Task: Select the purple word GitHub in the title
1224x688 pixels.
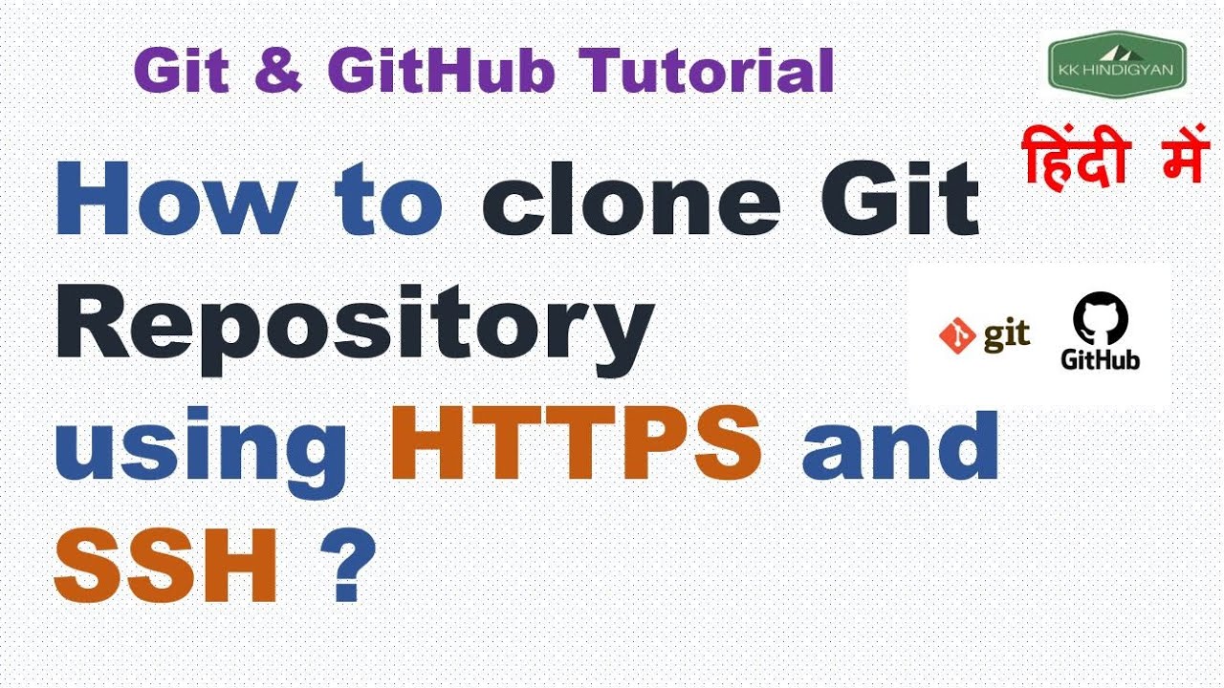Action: click(x=441, y=71)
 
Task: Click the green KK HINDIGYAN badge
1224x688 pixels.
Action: click(x=1118, y=64)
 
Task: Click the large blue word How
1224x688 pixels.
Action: click(x=177, y=198)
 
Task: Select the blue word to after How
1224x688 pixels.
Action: click(x=388, y=198)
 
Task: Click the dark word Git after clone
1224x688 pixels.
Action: click(x=900, y=197)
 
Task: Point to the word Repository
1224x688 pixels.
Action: click(x=355, y=330)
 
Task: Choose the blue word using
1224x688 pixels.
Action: click(x=201, y=453)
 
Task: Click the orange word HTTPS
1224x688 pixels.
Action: click(x=576, y=442)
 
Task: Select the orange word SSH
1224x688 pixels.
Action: click(x=165, y=565)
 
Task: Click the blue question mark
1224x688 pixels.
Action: click(x=349, y=565)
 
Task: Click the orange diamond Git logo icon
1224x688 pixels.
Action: click(x=957, y=335)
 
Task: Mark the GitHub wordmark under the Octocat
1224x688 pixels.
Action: click(x=1100, y=359)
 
